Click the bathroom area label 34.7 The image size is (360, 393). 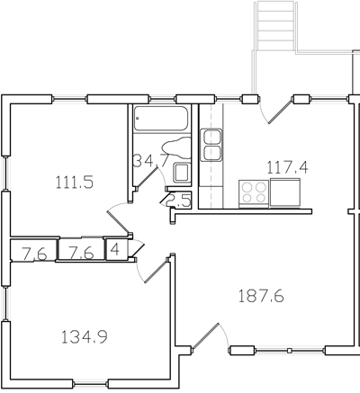[x=147, y=162]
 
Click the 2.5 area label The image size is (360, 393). [x=178, y=201]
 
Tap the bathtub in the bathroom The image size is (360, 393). [x=160, y=118]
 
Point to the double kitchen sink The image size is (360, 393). [x=212, y=145]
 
